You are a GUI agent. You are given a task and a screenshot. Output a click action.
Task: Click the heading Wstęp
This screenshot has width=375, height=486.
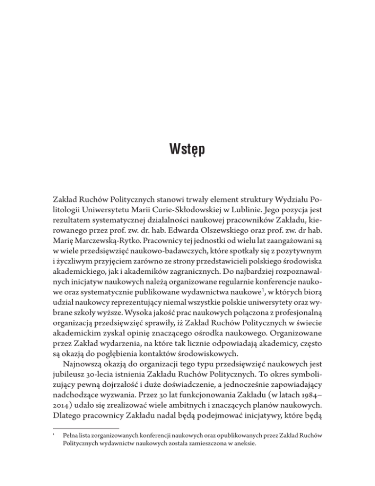(187, 147)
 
